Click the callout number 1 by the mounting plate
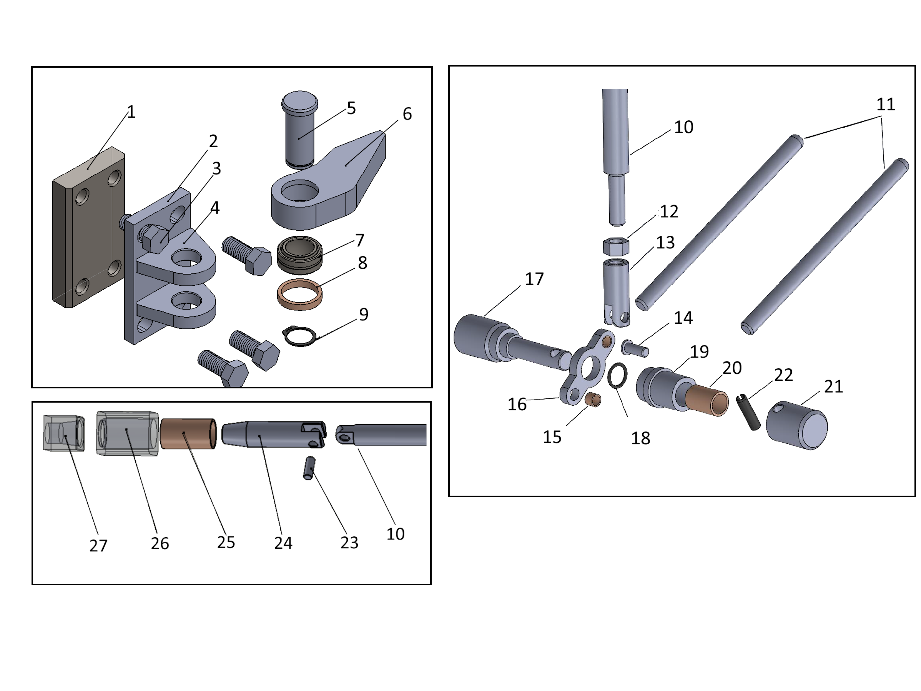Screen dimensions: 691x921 (x=131, y=112)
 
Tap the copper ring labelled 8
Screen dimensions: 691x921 (x=299, y=295)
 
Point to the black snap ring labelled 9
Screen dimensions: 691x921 (x=299, y=336)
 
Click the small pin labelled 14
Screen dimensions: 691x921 (x=635, y=348)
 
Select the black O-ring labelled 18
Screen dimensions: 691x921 (x=617, y=375)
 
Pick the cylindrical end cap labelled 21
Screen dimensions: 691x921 (x=797, y=425)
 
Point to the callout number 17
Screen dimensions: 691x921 (x=534, y=279)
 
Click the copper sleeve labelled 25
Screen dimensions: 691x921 (x=188, y=434)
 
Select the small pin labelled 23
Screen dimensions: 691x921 (x=309, y=468)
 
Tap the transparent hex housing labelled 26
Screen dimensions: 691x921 (x=127, y=433)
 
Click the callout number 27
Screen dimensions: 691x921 (x=98, y=546)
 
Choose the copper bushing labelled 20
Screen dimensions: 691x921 (x=707, y=400)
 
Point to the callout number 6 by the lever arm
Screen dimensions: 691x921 (x=407, y=114)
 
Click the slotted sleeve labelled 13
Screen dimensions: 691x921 (x=616, y=291)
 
